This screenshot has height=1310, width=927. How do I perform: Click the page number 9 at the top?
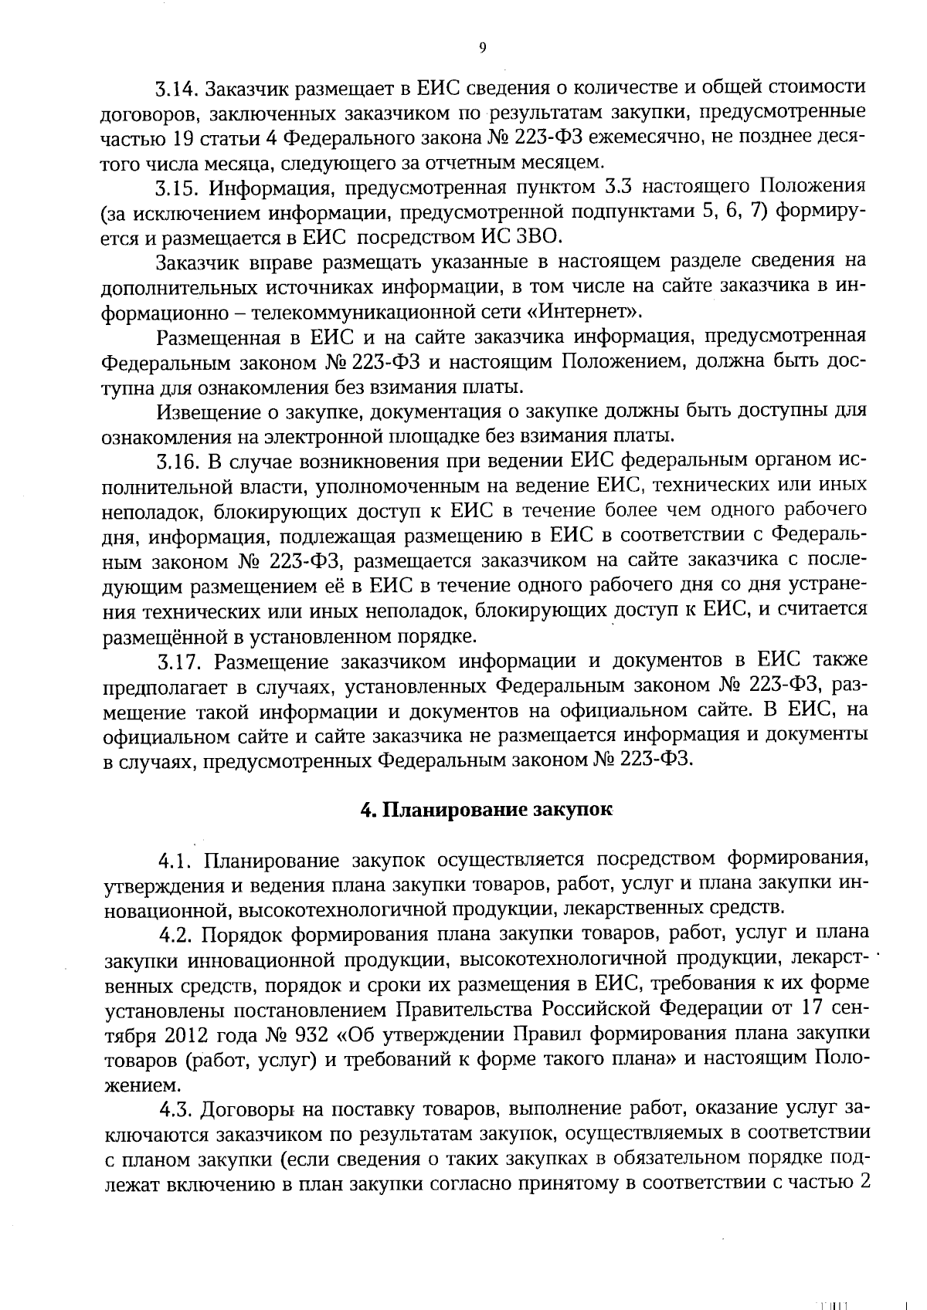click(x=483, y=48)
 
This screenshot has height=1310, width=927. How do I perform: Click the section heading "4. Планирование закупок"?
click(x=487, y=811)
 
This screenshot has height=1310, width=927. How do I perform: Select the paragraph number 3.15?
click(x=178, y=188)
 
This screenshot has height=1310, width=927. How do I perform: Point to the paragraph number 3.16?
click(x=178, y=462)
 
